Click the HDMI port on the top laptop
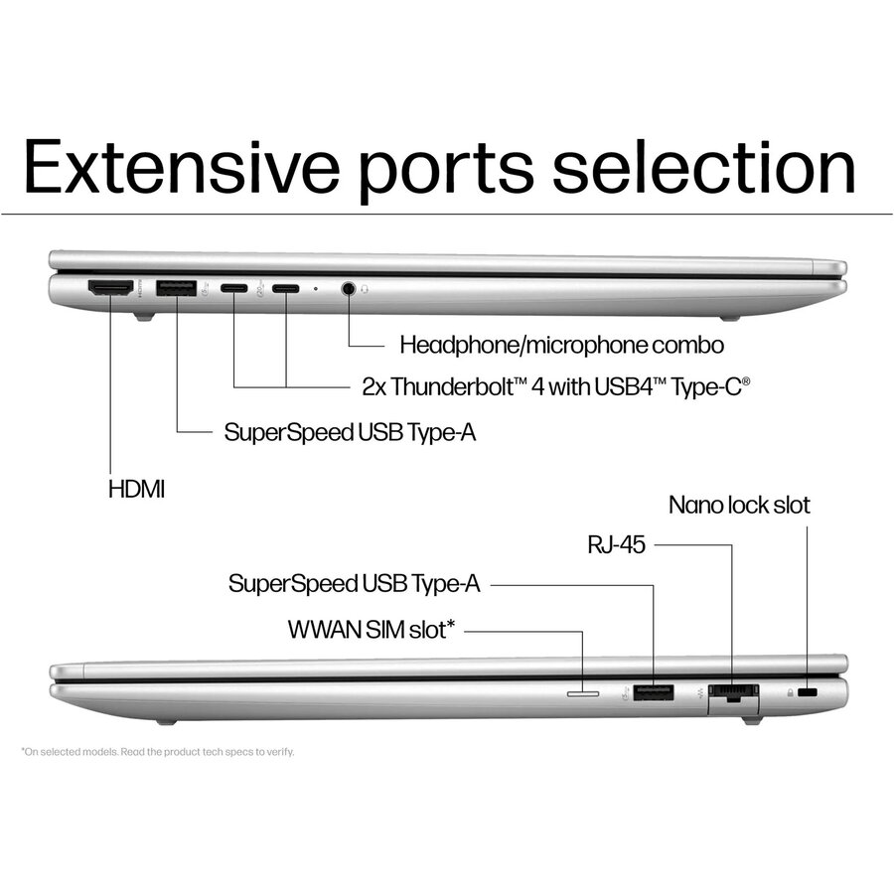pos(110,288)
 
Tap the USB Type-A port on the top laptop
pos(177,288)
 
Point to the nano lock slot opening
pos(807,691)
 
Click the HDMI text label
pos(137,489)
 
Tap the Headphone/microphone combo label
pos(561,345)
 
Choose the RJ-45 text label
pos(615,543)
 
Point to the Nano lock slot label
pos(739,505)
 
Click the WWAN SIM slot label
pos(371,629)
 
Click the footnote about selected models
pos(158,752)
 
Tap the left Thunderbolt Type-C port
pos(234,289)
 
